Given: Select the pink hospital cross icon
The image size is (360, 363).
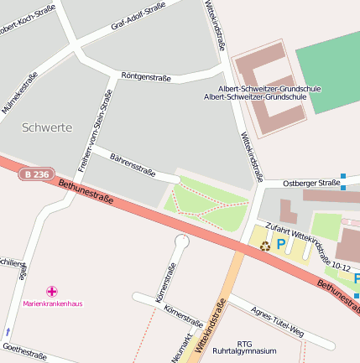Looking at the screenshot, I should coord(52,291).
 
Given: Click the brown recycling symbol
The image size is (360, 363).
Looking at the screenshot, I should coord(265,246).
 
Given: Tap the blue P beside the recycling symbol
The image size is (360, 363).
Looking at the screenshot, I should coord(281,245).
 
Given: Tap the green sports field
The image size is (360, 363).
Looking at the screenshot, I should coord(329,71).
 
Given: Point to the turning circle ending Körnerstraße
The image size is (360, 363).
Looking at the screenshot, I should coord(182,241).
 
